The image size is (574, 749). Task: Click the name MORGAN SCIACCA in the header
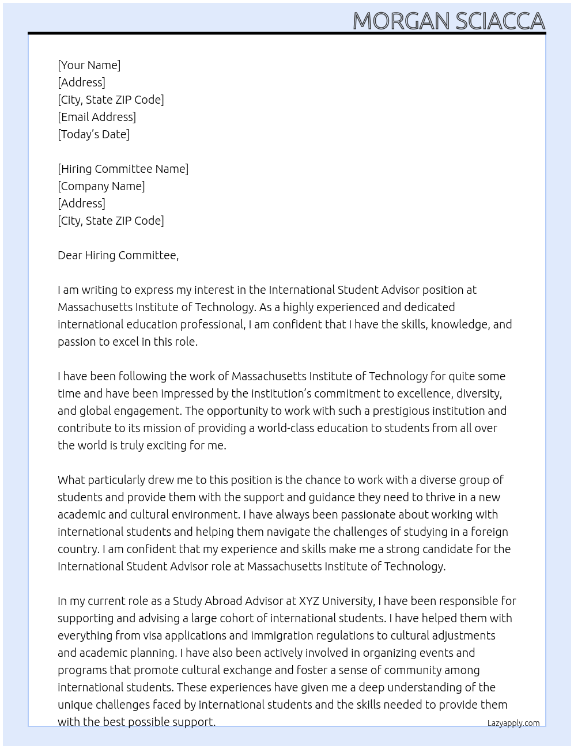448,21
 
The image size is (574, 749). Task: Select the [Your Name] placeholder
89,65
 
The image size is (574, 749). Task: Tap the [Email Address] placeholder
97,117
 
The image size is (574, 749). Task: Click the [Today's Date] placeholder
93,134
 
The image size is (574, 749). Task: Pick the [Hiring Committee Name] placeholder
123,169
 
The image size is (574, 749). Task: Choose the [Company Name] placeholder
101,186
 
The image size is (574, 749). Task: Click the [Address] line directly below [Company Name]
81,203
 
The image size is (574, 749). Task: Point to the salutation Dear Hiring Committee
118,255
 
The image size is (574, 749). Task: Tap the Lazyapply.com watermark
513,723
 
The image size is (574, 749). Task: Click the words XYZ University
336,601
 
